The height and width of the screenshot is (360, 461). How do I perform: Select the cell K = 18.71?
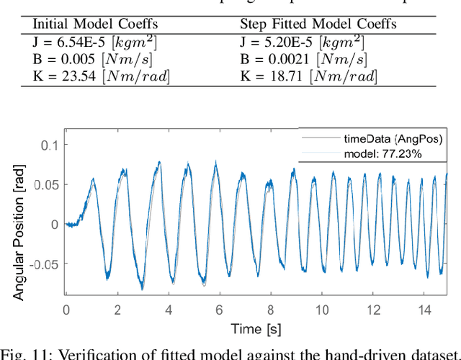point(308,76)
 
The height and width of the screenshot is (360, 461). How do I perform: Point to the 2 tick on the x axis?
point(117,310)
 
